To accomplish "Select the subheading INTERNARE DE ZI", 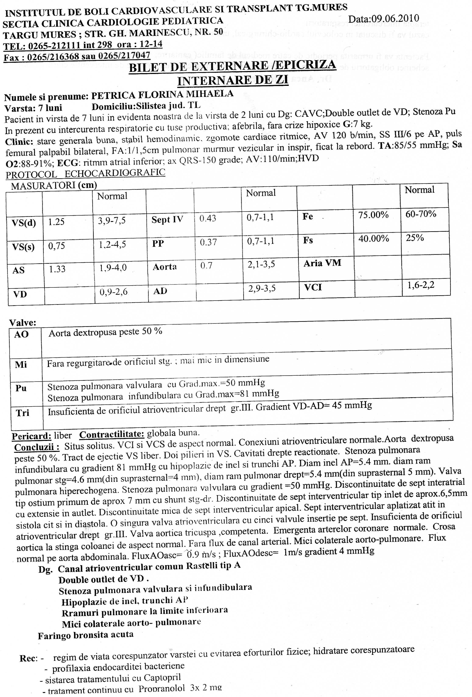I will point(233,80).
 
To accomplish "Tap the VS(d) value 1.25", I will point(56,222).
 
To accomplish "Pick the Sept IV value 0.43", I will point(208,218).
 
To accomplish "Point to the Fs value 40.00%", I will point(374,238).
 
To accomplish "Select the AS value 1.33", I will point(57,269).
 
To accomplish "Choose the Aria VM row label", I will point(322,263).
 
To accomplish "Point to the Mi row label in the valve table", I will point(21,364).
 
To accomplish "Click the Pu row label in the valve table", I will point(21,388).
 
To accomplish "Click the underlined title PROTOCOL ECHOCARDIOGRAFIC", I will point(85,173).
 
